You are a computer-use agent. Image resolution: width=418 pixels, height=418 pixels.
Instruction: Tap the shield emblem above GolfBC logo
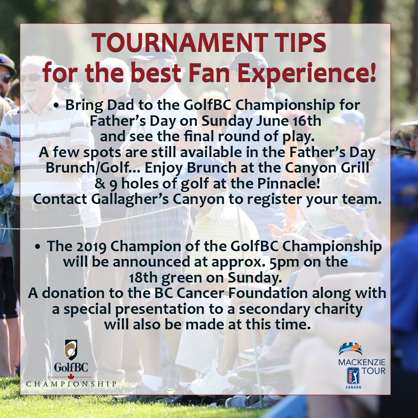point(71,349)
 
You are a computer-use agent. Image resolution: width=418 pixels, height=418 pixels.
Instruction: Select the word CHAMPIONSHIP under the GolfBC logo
point(71,384)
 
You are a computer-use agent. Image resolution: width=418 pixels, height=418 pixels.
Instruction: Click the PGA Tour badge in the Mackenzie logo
point(353,376)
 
